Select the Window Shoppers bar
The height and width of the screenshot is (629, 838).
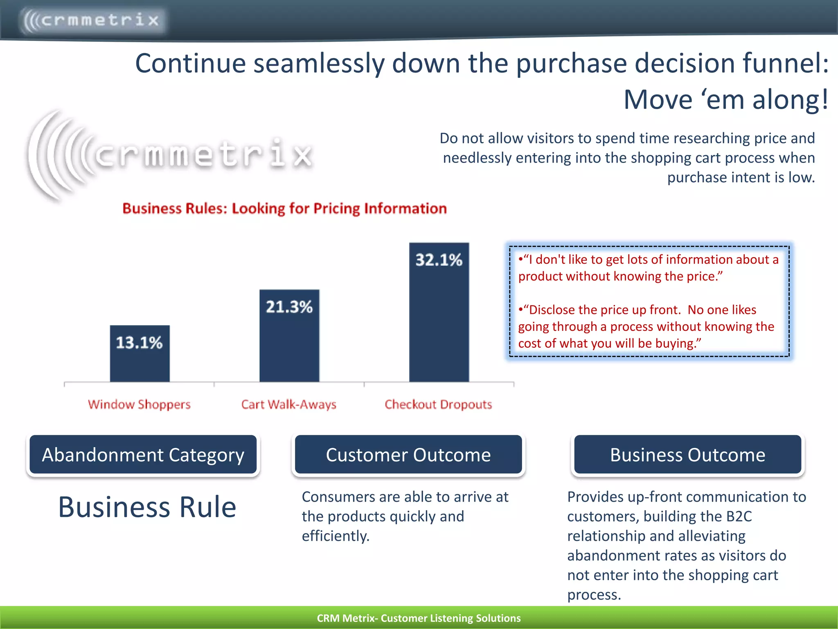140,360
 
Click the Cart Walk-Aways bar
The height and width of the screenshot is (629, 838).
289,344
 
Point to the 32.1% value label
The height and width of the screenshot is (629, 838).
439,260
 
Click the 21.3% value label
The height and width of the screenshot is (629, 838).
289,307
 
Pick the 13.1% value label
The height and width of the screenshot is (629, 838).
139,343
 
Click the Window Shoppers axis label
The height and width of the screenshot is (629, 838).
139,405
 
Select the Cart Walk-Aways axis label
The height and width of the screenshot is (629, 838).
289,405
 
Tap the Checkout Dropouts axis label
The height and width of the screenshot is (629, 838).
438,405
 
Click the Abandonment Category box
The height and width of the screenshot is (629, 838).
143,455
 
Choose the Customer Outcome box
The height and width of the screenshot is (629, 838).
408,455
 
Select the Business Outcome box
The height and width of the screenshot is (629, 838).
688,455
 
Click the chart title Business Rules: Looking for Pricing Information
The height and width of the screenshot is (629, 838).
284,208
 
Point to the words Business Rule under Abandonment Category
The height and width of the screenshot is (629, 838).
147,507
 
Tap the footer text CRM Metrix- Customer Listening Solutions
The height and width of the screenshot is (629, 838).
419,618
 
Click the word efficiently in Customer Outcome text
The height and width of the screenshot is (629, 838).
336,536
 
